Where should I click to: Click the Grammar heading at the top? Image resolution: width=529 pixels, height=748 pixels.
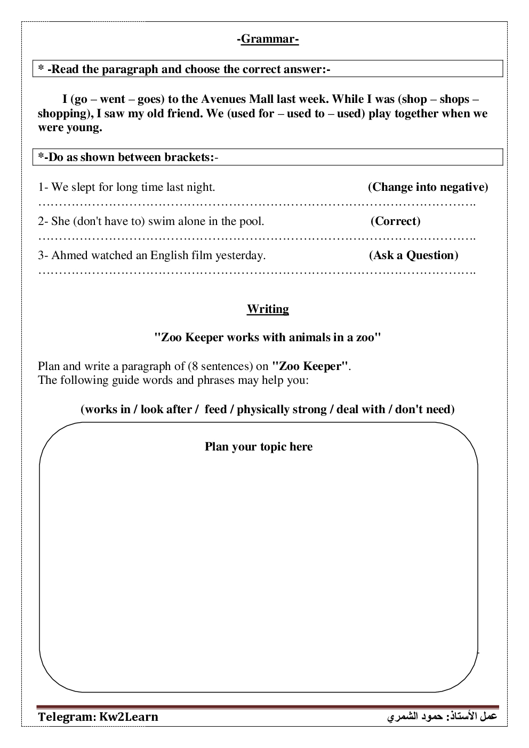click(x=268, y=39)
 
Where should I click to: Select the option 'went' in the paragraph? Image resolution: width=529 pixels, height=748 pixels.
click(x=113, y=99)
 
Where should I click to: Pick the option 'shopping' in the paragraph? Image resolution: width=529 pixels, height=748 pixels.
click(x=61, y=114)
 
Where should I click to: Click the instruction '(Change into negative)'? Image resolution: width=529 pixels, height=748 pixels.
click(x=428, y=187)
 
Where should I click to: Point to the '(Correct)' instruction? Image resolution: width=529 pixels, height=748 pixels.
click(x=395, y=221)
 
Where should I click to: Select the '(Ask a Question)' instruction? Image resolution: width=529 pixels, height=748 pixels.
click(x=413, y=255)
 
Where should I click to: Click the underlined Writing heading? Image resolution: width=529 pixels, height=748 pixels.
click(x=268, y=309)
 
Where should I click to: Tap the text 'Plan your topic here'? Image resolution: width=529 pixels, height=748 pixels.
click(x=259, y=447)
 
